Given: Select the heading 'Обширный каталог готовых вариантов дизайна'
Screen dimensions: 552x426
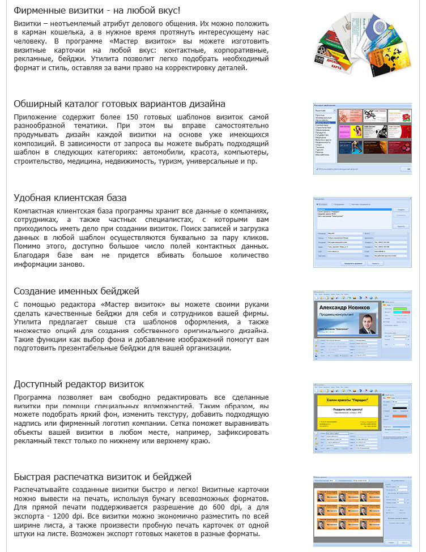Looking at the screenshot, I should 120,104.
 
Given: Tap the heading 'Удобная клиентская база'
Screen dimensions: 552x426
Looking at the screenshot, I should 70,198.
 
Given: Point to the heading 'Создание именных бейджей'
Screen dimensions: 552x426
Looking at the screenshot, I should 76,292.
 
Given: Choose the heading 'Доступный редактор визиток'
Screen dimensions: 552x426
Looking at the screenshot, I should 79,384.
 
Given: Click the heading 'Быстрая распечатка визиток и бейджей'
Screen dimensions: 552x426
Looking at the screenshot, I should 103,477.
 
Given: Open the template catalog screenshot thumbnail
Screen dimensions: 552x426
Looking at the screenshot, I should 362,138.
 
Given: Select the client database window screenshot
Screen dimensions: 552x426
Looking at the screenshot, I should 362,232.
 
